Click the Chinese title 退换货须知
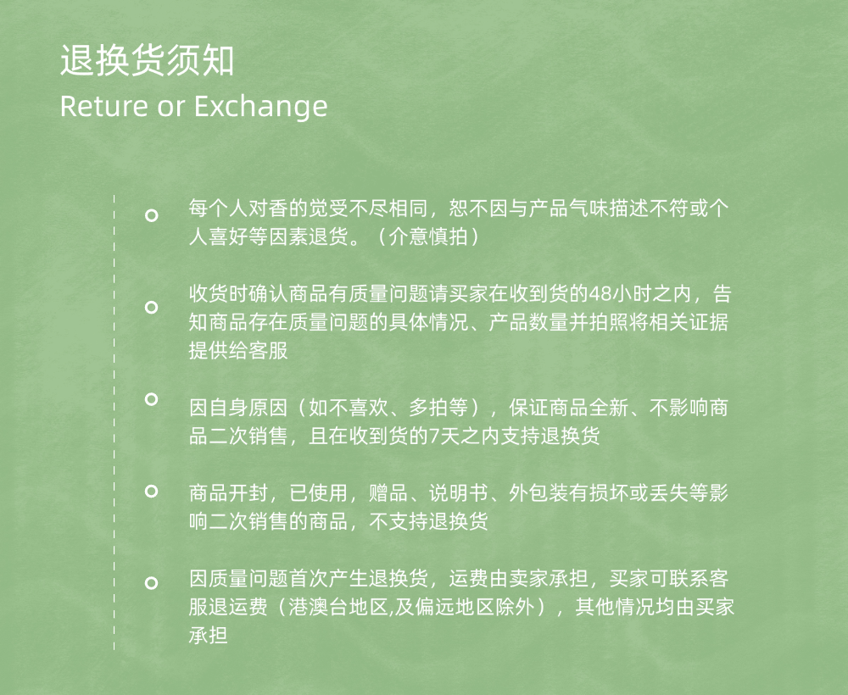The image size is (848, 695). (x=147, y=60)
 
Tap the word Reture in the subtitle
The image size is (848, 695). (x=103, y=106)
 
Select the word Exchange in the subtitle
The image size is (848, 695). (x=260, y=107)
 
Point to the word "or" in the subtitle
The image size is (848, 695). (x=171, y=108)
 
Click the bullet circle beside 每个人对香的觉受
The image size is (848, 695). (x=152, y=215)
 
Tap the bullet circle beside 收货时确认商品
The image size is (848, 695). (x=152, y=308)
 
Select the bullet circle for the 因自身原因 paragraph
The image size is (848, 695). (x=152, y=399)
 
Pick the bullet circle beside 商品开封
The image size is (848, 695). (x=152, y=492)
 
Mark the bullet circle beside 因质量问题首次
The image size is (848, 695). (x=152, y=583)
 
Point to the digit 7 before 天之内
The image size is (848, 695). (x=433, y=436)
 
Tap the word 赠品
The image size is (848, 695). (x=388, y=493)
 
